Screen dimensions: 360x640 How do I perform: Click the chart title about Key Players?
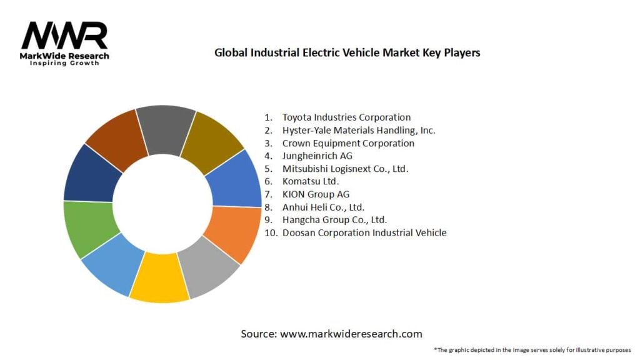coord(347,53)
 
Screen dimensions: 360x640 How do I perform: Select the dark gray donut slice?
coord(165,127)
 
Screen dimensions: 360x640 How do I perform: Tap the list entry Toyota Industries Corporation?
coord(346,117)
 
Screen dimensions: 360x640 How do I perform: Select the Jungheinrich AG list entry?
coord(317,156)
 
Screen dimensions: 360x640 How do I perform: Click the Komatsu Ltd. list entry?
coord(311,181)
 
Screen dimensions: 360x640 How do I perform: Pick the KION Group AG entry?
coord(316,194)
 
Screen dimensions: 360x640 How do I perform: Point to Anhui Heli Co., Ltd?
coord(323,207)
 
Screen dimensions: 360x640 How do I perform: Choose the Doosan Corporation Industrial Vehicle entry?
coord(364,232)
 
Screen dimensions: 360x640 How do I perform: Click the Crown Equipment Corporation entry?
coord(347,143)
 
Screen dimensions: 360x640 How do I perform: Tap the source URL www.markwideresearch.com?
coord(351,334)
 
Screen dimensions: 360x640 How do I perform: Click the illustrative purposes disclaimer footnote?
coord(532,349)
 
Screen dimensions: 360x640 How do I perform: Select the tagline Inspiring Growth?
coord(64,64)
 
